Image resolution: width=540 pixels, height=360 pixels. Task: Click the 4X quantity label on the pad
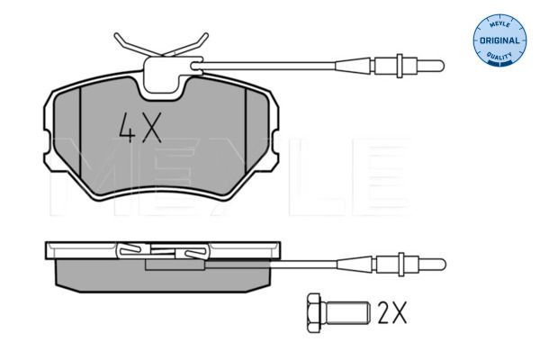tap(140, 128)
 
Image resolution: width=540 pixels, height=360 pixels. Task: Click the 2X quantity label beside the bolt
tap(392, 312)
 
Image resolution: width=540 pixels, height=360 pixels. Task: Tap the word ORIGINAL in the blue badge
tap(499, 40)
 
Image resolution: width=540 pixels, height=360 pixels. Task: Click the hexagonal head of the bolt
tap(314, 313)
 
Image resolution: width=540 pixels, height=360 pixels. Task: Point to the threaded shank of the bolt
tap(346, 313)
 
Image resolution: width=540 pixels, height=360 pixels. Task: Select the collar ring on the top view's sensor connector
tap(400, 66)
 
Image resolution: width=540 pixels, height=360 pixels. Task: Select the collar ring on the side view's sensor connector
tap(401, 265)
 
